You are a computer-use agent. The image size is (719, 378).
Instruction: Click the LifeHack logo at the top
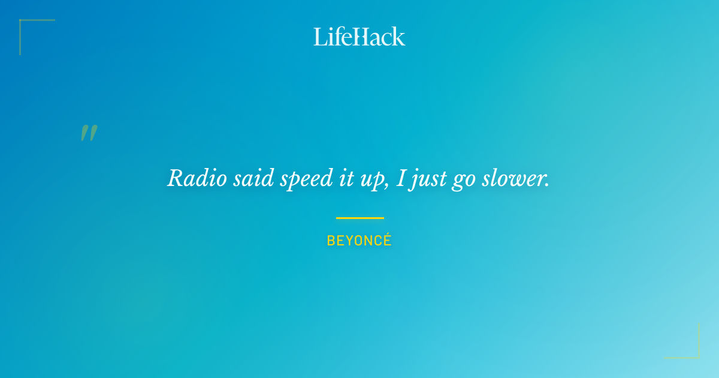pos(359,37)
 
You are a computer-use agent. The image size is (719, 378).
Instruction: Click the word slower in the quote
pos(513,178)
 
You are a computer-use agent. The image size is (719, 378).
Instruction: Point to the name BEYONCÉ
pos(359,241)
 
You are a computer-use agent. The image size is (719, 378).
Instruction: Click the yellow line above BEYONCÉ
pos(359,218)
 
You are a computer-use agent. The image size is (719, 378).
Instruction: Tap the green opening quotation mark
pos(89,133)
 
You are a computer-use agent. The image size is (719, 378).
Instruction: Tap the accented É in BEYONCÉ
pos(387,240)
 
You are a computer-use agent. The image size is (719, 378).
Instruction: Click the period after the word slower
pos(547,185)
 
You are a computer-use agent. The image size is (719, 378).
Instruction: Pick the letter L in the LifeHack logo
pos(320,37)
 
